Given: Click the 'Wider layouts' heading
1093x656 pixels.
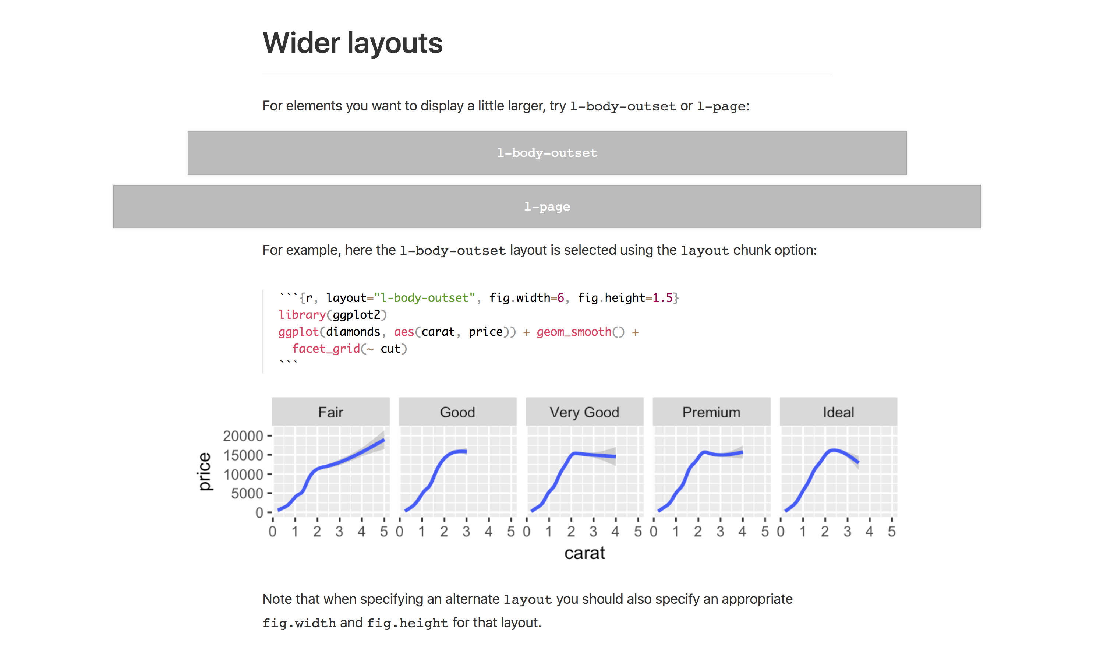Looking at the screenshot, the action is tap(352, 43).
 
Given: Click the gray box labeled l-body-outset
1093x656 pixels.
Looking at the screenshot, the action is tap(546, 153).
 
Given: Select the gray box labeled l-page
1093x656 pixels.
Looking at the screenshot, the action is tap(546, 207).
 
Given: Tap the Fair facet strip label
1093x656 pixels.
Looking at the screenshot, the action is tap(330, 412).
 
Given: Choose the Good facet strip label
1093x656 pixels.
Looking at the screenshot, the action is tap(457, 412).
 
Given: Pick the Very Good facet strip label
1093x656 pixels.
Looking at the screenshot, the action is tap(584, 412).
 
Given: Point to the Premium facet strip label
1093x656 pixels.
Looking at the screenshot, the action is tap(711, 412).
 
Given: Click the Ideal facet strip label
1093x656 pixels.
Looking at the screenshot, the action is tap(838, 412).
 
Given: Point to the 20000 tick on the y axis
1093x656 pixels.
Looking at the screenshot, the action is tap(243, 436).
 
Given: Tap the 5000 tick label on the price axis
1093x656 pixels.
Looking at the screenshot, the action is tap(247, 493).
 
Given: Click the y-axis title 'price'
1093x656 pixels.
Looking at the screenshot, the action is tap(204, 471).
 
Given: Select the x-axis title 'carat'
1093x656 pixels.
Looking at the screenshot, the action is tap(584, 553).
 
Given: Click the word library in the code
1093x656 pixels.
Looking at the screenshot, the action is tap(302, 315).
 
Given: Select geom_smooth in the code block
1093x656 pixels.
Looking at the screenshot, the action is tap(574, 332).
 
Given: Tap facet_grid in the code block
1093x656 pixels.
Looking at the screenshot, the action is tap(326, 349).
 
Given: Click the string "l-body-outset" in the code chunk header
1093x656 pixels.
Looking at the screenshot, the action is tap(425, 298).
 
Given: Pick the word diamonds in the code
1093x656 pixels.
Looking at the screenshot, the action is tap(353, 332).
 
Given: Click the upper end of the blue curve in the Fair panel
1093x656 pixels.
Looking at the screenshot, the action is tap(383, 440).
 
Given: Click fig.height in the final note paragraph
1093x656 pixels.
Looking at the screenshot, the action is tap(407, 623).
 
